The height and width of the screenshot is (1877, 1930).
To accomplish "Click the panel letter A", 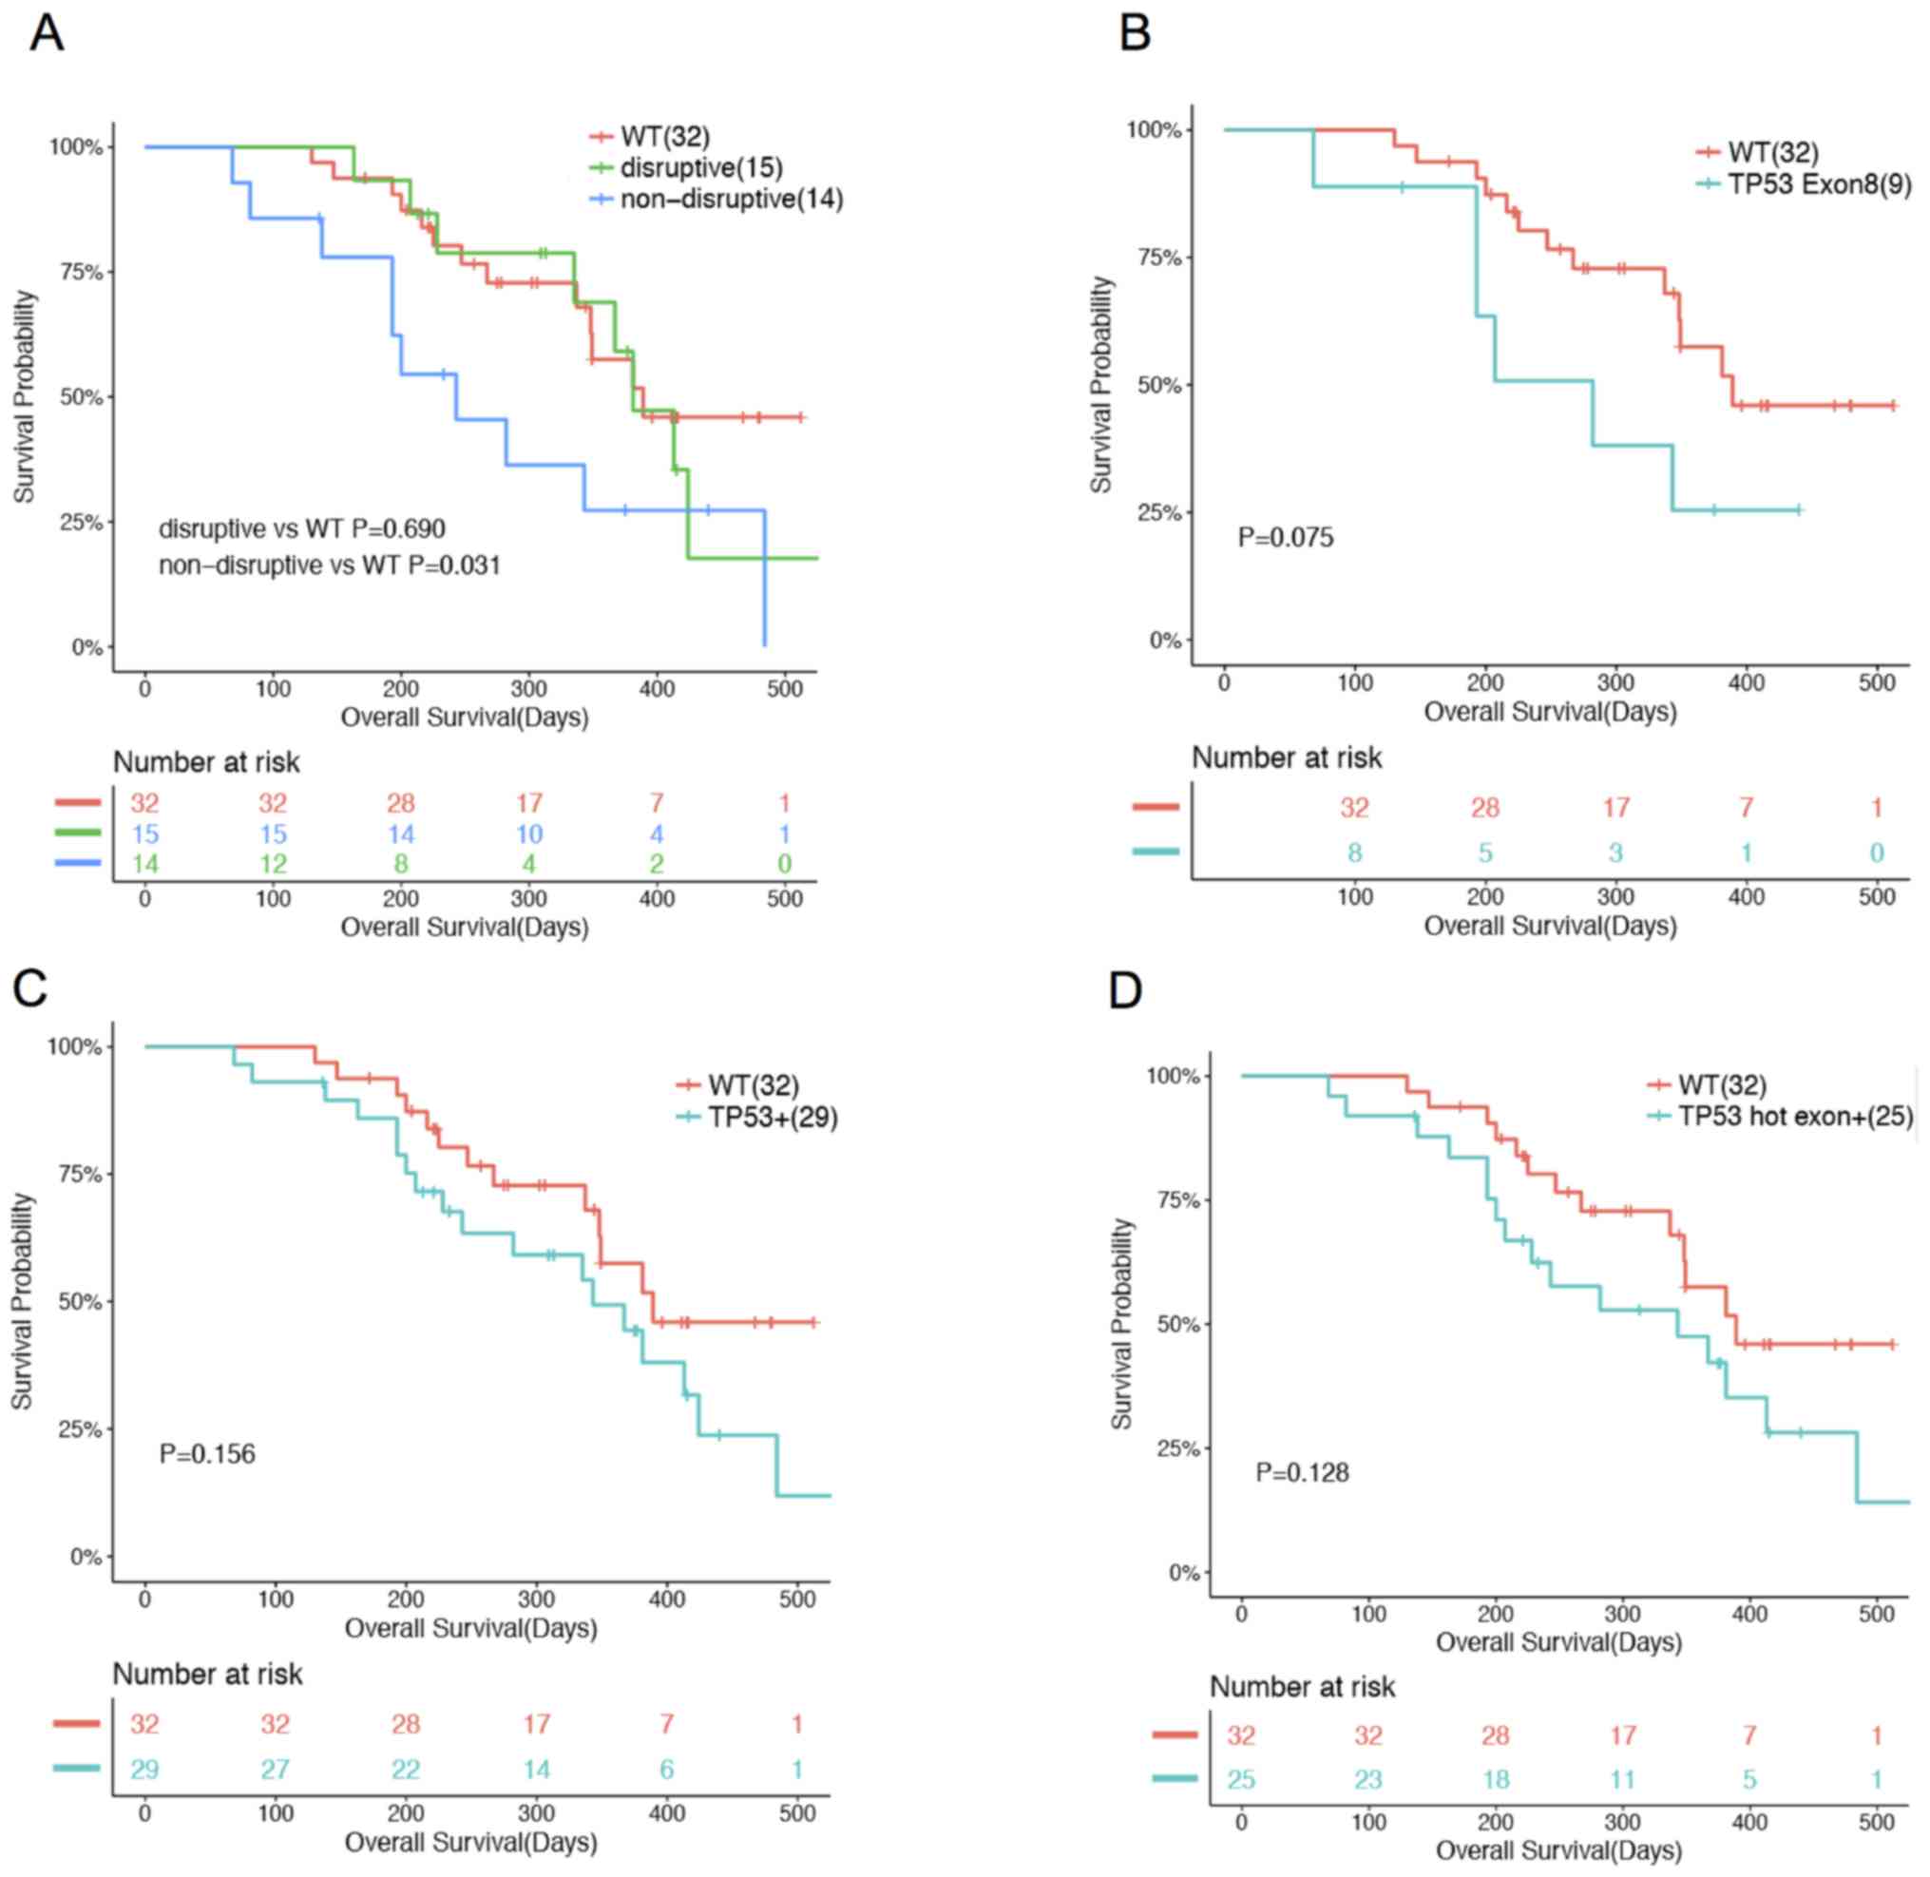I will (47, 34).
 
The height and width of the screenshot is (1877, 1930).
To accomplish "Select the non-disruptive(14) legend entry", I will (731, 200).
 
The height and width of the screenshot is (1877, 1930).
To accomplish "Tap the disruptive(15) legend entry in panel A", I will (701, 167).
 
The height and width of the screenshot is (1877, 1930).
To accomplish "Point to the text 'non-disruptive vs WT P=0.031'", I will (329, 565).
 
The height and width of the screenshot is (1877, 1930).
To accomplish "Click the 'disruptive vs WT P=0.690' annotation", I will (301, 529).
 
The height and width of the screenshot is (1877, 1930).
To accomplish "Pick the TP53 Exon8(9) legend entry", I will (1819, 184).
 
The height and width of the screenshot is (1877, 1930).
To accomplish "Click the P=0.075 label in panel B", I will (1286, 538).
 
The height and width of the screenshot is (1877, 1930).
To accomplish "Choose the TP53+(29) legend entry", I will (772, 1118).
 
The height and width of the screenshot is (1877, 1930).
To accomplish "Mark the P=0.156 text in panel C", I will (207, 1454).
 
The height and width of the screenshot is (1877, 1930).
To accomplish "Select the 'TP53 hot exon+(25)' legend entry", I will (1795, 1117).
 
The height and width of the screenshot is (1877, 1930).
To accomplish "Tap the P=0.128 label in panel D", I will (1301, 1473).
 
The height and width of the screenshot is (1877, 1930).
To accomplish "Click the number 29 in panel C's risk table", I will (144, 1770).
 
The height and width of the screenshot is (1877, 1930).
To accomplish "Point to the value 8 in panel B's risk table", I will (1354, 852).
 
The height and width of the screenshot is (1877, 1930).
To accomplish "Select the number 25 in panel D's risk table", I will (1241, 1779).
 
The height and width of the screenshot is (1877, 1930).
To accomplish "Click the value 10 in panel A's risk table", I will (529, 835).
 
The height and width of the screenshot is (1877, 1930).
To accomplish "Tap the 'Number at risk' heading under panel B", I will (1287, 758).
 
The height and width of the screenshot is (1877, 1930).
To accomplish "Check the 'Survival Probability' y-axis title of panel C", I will (23, 1301).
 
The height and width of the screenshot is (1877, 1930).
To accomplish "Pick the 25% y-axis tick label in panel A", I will (81, 523).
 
